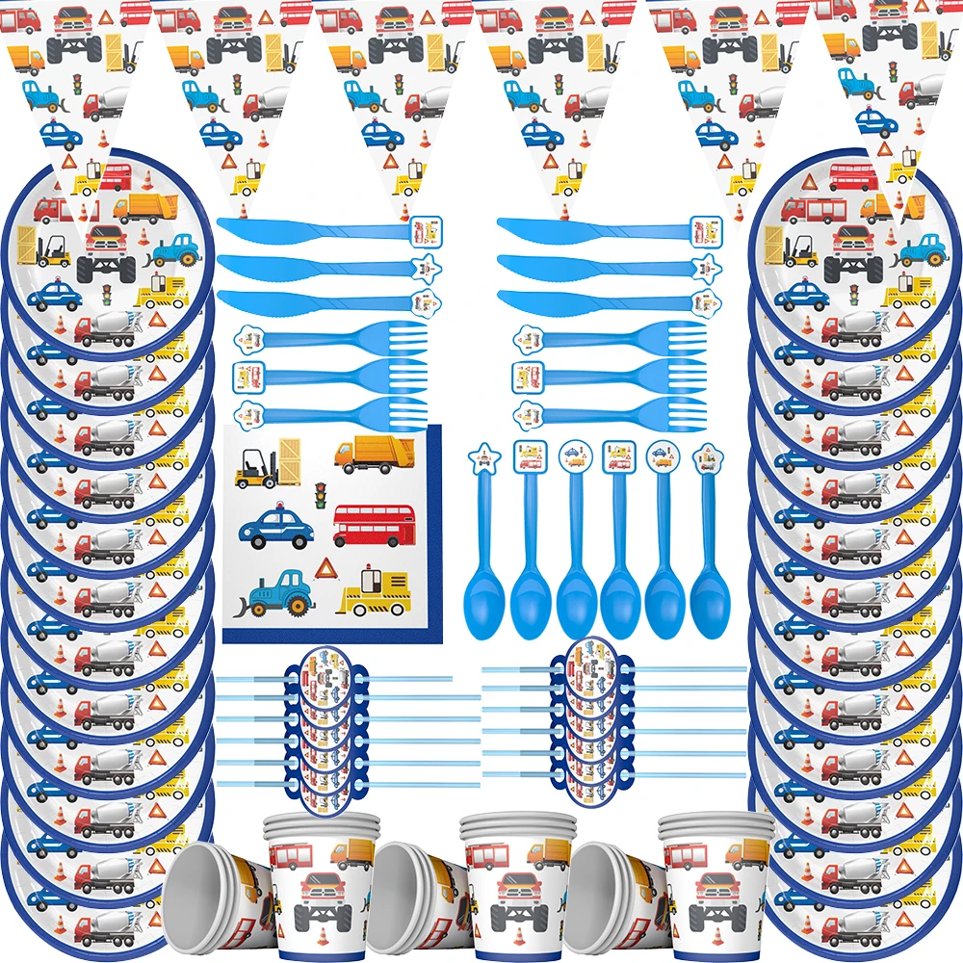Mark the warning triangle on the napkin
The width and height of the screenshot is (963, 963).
point(325,568)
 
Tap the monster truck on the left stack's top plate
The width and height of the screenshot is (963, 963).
point(103,249)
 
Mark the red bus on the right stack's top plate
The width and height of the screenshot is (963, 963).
point(853,176)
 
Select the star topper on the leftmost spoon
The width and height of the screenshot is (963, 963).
point(481,457)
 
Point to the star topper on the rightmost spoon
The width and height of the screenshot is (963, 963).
point(709,456)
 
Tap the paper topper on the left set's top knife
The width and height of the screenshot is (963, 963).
point(429,230)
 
